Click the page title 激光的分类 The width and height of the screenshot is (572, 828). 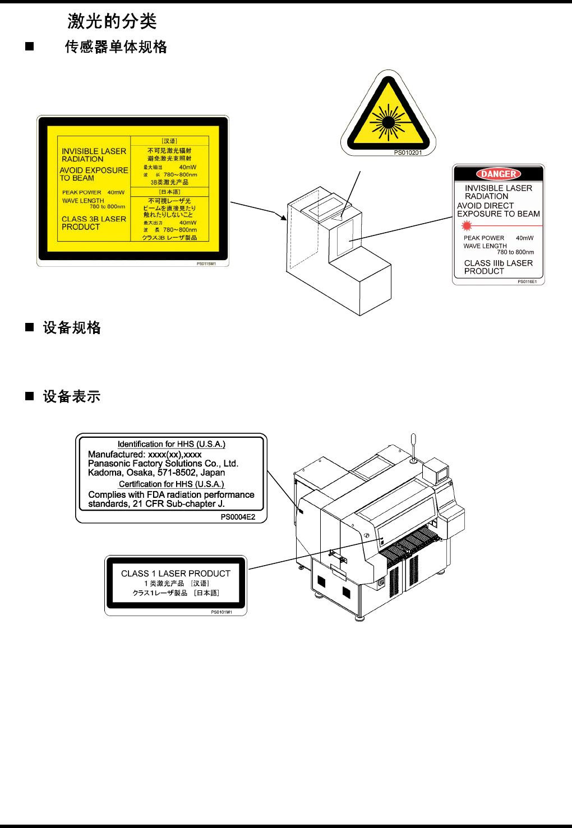coord(112,22)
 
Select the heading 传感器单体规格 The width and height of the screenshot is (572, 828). coord(116,47)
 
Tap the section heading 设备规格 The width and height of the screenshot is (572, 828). coord(72,328)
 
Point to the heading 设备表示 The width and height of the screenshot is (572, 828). coord(72,397)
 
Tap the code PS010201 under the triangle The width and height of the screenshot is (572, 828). coord(408,152)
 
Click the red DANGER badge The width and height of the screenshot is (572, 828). coord(499,174)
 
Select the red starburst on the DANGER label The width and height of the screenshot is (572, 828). coord(467,226)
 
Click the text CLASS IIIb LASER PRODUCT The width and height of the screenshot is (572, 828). coord(498,267)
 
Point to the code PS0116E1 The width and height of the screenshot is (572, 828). coord(527,282)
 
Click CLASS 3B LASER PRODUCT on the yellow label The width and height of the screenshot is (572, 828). coord(94,223)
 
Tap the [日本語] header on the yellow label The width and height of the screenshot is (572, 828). coord(170,192)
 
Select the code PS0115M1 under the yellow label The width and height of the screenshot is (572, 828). coord(206,263)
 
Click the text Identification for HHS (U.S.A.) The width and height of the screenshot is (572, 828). coord(171,444)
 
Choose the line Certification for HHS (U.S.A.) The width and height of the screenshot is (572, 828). coord(171,484)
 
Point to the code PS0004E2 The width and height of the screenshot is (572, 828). coord(238,517)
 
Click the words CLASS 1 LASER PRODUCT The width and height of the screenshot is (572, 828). coord(176,573)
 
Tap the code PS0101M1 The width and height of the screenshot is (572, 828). coord(221,612)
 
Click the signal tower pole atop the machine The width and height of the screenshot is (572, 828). coord(413,446)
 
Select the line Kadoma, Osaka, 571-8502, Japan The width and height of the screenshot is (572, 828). coord(156,473)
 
